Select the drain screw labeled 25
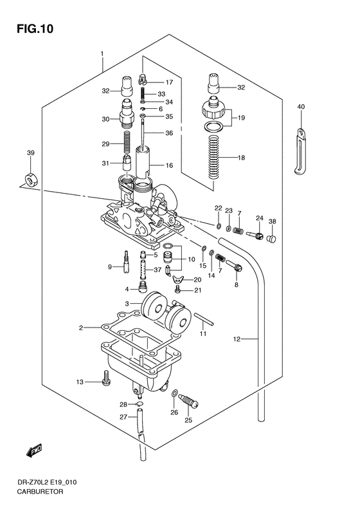[x=186, y=403]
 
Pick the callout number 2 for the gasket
[x=82, y=328]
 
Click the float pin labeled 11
[x=203, y=318]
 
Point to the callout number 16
[x=169, y=165]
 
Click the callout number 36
[x=169, y=133]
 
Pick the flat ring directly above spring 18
[x=214, y=127]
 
